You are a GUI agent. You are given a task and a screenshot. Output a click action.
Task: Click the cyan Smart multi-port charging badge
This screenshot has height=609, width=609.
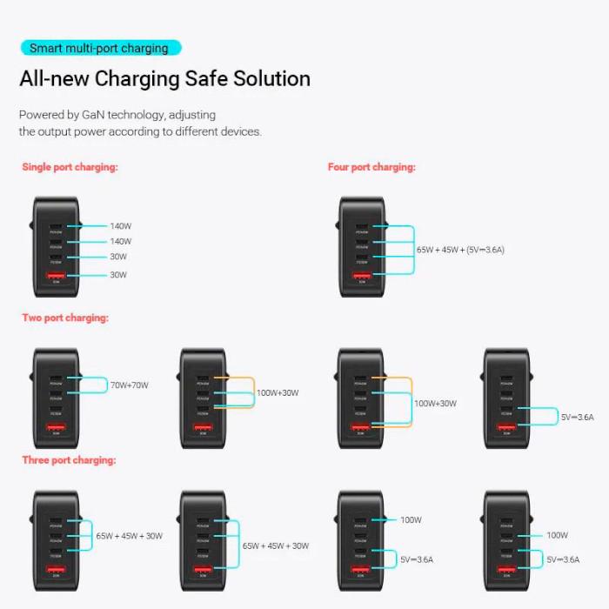100,48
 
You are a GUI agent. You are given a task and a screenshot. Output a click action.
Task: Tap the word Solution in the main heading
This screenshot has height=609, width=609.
271,79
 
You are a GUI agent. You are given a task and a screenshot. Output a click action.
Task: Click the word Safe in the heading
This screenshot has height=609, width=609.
206,79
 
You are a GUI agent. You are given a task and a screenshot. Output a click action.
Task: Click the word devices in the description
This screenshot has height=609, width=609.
240,131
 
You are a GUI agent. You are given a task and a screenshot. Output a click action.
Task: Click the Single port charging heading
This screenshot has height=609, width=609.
70,167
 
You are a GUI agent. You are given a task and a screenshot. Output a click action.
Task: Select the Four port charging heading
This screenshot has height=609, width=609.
371,167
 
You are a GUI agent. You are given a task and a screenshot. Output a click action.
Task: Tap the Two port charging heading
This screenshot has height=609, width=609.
65,318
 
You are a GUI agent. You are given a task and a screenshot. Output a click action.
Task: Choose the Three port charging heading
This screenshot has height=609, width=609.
69,459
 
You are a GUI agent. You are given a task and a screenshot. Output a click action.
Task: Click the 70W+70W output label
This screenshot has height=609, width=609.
130,385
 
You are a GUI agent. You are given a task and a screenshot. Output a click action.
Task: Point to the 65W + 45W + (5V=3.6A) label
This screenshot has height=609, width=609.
460,250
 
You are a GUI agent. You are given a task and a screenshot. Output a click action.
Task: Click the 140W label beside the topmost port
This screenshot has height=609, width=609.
121,226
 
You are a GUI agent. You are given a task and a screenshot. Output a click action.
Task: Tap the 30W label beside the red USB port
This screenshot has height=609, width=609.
118,275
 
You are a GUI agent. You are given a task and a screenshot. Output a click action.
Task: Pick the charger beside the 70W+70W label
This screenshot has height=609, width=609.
57,398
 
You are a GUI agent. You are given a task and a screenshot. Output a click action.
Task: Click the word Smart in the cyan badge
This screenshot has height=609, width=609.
46,48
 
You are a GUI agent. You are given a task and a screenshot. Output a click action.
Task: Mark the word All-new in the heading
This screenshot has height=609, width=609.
54,79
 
